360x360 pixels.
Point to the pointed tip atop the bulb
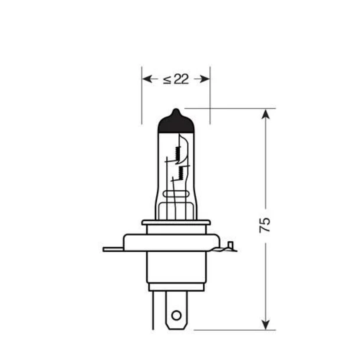click(176, 111)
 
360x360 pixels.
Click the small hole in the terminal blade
click(175, 323)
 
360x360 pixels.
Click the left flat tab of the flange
click(113, 249)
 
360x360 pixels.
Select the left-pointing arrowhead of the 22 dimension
click(147, 78)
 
